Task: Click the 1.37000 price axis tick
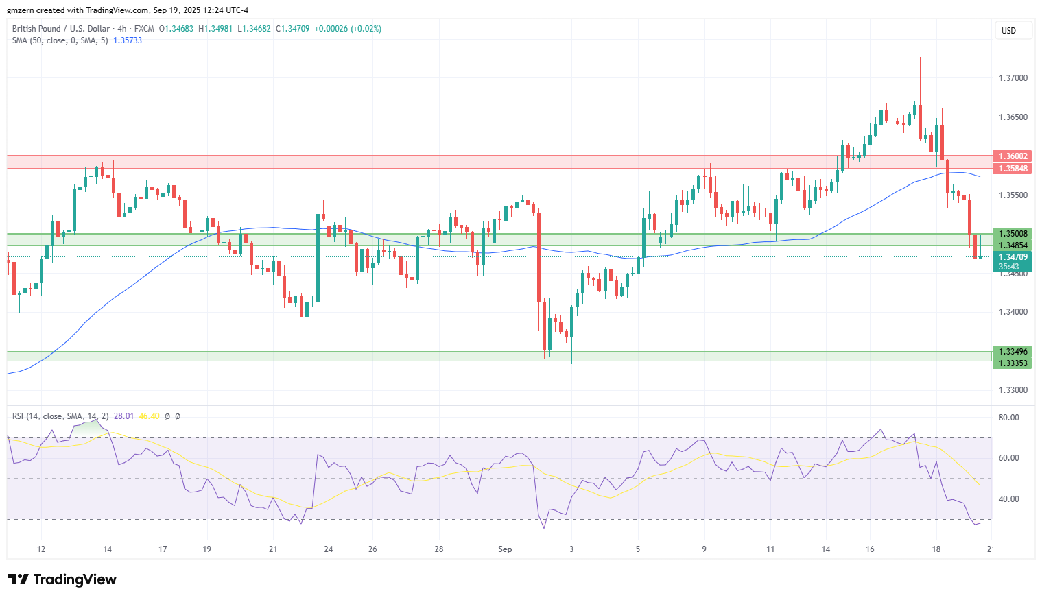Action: click(x=1013, y=78)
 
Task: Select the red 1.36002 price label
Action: click(x=1013, y=156)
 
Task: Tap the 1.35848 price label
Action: click(x=1013, y=169)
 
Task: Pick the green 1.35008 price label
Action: click(x=1013, y=234)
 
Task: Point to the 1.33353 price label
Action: click(x=1013, y=363)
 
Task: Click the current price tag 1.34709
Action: click(x=1013, y=257)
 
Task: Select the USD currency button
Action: click(x=1008, y=31)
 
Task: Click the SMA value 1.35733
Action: click(x=128, y=40)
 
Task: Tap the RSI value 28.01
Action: click(x=123, y=416)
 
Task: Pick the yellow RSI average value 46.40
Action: click(x=149, y=416)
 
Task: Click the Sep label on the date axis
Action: click(x=505, y=549)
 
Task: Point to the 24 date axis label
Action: click(x=329, y=549)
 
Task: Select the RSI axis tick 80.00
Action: click(x=1008, y=418)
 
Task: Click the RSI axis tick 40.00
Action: click(x=1008, y=499)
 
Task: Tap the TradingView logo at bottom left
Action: click(x=62, y=580)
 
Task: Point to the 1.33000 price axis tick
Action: click(x=1013, y=390)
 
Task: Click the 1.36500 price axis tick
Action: click(x=1013, y=117)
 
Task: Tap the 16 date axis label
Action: click(x=870, y=549)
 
